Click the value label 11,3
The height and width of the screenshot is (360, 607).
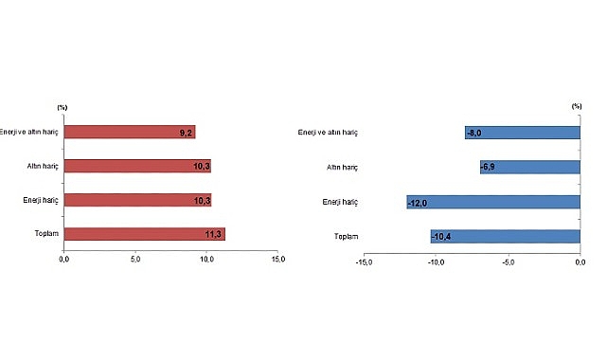tap(214, 234)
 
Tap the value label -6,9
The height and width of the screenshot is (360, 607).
tap(489, 167)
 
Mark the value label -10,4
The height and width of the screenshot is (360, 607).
tap(442, 236)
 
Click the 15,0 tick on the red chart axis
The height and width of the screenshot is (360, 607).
tap(277, 259)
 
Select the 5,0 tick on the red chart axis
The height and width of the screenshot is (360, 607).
tap(134, 259)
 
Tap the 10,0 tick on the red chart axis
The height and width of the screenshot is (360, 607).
tap(205, 259)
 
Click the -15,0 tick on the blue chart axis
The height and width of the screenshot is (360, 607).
tap(364, 262)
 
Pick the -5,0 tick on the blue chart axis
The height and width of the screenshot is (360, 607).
tap(508, 262)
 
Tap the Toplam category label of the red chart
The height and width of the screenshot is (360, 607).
tap(45, 234)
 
